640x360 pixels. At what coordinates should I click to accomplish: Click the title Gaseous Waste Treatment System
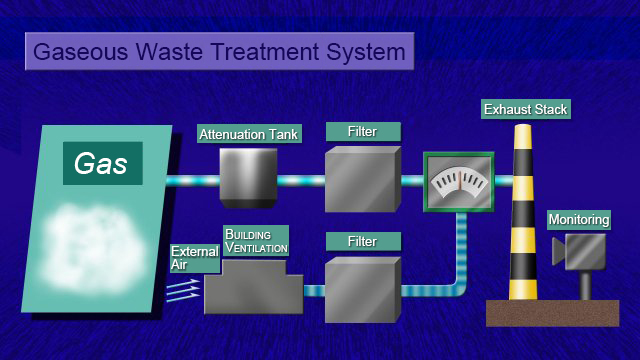219,51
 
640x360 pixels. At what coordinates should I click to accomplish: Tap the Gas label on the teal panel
102,163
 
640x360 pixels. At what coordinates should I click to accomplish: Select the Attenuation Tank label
248,134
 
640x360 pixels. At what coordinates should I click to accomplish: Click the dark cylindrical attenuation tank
248,177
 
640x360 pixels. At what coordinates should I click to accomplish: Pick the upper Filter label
363,131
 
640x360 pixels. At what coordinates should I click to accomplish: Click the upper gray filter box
362,180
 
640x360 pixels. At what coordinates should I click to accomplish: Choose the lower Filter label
363,241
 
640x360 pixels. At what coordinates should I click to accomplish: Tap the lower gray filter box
362,289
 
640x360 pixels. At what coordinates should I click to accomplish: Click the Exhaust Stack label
526,109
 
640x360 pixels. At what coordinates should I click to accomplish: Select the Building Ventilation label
255,240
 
